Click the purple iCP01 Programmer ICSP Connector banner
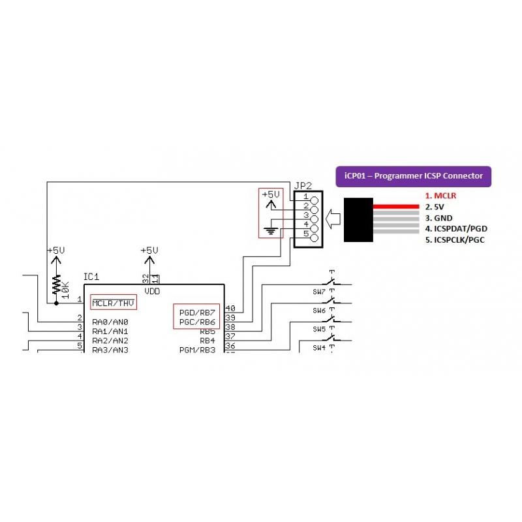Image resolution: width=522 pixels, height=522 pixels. tap(412, 176)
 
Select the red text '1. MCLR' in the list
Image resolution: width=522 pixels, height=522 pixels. tap(440, 195)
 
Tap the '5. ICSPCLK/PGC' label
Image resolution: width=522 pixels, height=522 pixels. tap(455, 239)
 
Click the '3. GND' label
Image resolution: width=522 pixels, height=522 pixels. tap(438, 217)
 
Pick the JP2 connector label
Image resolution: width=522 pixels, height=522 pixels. tap(303, 185)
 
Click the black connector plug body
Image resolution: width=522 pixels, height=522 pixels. tap(359, 220)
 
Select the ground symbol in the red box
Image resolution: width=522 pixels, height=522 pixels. tap(269, 230)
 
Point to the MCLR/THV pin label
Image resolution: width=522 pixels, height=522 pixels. tap(113, 303)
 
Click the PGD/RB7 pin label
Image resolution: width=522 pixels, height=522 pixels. tap(197, 313)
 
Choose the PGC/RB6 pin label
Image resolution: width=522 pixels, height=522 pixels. tap(197, 322)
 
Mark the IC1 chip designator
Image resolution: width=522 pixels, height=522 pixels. tap(91, 277)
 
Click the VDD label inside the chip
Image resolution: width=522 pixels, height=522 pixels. tap(151, 292)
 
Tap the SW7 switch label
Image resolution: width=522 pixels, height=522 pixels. tap(319, 292)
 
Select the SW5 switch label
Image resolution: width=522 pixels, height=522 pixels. tap(319, 329)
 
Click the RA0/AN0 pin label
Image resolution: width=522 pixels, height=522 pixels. tap(110, 322)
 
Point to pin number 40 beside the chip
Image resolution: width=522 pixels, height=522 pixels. tap(230, 308)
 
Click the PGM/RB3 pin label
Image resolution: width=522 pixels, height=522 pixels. tap(197, 350)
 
